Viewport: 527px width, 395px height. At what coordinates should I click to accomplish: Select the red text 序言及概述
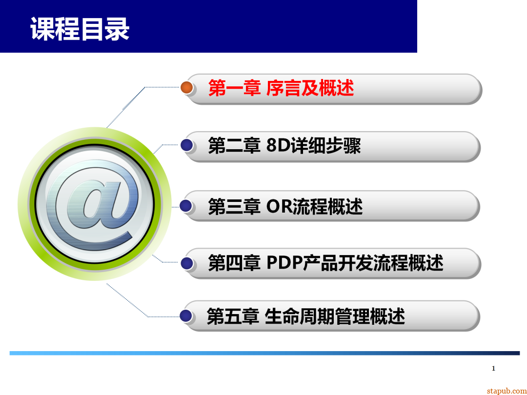tap(310, 88)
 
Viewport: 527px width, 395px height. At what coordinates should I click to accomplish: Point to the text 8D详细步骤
tap(314, 146)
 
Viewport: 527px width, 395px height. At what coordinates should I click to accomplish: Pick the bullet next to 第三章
tap(186, 205)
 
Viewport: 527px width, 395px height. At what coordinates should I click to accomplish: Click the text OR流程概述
tap(314, 207)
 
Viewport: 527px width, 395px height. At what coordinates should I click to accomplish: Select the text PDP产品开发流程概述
tap(355, 263)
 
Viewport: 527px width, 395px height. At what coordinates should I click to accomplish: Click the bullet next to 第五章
tap(186, 316)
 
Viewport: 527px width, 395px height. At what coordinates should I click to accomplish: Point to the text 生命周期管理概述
tap(335, 316)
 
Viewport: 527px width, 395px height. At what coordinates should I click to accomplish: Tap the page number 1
tap(493, 368)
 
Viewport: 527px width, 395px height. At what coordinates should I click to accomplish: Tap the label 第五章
tap(233, 316)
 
